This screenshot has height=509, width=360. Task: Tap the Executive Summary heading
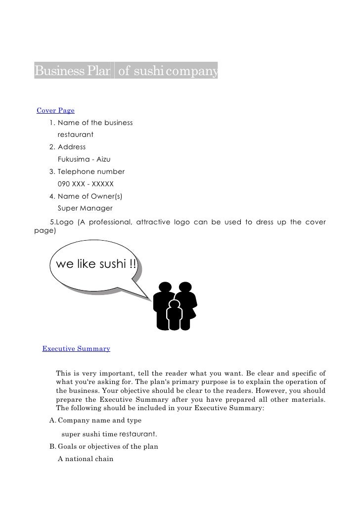pyautogui.click(x=76, y=349)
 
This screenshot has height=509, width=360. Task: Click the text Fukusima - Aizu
pyautogui.click(x=84, y=159)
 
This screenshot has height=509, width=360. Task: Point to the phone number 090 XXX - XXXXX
pyautogui.click(x=86, y=184)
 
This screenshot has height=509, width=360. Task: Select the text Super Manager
pyautogui.click(x=85, y=209)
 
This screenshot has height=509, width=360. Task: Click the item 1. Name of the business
pyautogui.click(x=91, y=122)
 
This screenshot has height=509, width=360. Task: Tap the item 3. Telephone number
pyautogui.click(x=87, y=171)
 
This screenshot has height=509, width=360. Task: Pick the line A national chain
pyautogui.click(x=86, y=459)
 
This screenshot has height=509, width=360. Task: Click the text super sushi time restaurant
pyautogui.click(x=109, y=434)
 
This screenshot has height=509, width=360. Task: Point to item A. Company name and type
pyautogui.click(x=95, y=421)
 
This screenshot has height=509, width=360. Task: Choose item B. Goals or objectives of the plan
pyautogui.click(x=103, y=447)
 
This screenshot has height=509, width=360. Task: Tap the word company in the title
pyautogui.click(x=191, y=73)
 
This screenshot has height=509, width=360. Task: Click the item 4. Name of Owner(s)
pyautogui.click(x=86, y=196)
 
